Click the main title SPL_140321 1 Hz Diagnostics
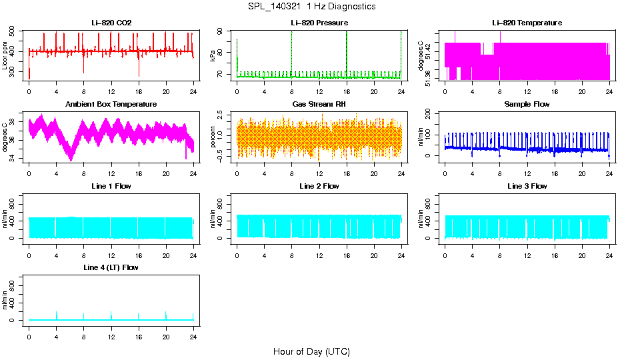click(x=311, y=7)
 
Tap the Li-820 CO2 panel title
click(x=111, y=23)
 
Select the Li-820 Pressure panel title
click(x=319, y=23)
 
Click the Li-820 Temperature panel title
click(x=527, y=23)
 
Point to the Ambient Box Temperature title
click(x=111, y=105)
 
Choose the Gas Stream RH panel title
click(x=319, y=105)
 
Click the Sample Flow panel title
click(x=527, y=105)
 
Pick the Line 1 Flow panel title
click(x=111, y=186)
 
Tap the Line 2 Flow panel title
click(x=319, y=186)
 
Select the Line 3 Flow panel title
click(x=527, y=186)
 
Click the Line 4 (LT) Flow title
click(x=111, y=267)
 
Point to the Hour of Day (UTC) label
click(x=311, y=351)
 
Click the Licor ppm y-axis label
click(x=5, y=55)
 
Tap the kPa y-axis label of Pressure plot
click(x=213, y=55)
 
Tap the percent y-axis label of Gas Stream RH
click(x=213, y=137)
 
